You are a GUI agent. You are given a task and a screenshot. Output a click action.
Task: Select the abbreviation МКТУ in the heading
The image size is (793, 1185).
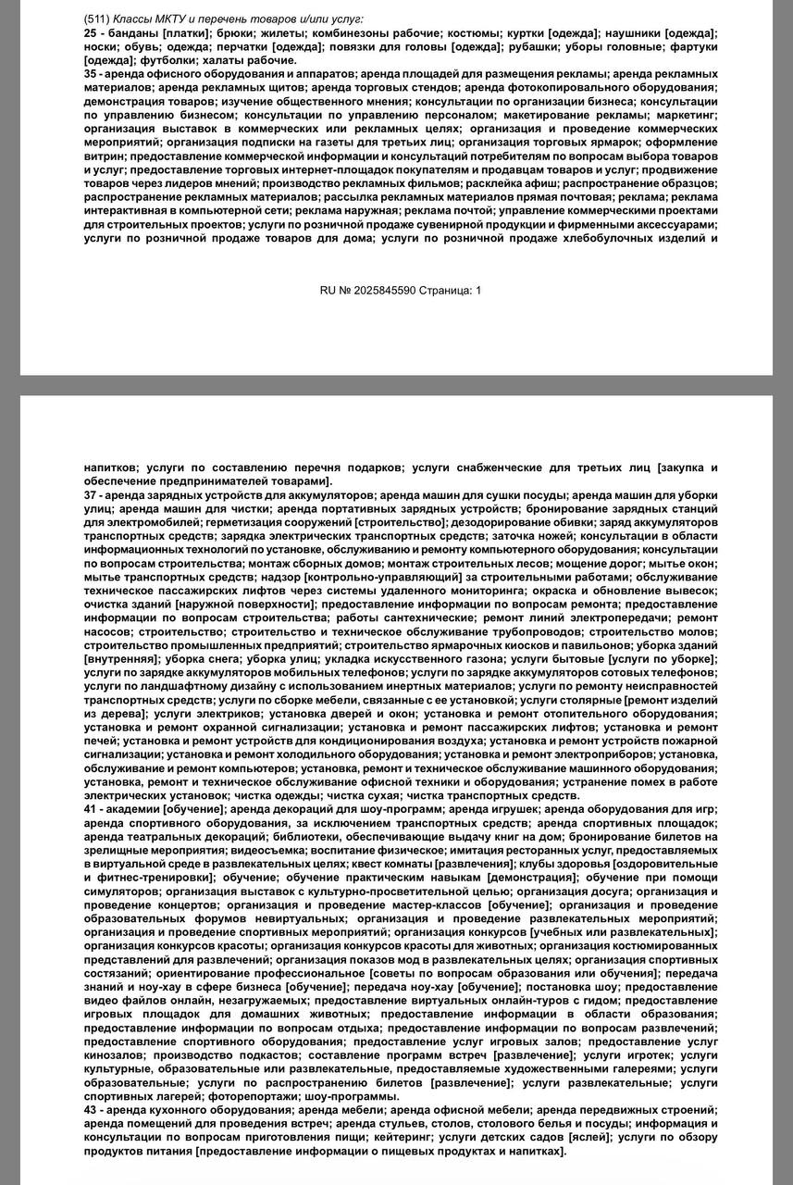(176, 19)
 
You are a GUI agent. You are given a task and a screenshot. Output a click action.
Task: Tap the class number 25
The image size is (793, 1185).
(90, 32)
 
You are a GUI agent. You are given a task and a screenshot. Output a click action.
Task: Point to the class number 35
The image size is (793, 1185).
(90, 73)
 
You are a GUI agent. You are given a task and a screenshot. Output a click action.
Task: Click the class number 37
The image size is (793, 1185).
(90, 495)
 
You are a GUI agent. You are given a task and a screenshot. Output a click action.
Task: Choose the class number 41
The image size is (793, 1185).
(90, 808)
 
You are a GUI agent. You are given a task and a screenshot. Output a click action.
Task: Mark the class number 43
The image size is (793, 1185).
(90, 1109)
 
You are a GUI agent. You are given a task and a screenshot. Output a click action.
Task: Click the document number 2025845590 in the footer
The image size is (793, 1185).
(379, 291)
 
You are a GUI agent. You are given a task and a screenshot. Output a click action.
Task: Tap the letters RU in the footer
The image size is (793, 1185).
(328, 291)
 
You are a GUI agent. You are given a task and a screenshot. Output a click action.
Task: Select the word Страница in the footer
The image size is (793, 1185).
(445, 291)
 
